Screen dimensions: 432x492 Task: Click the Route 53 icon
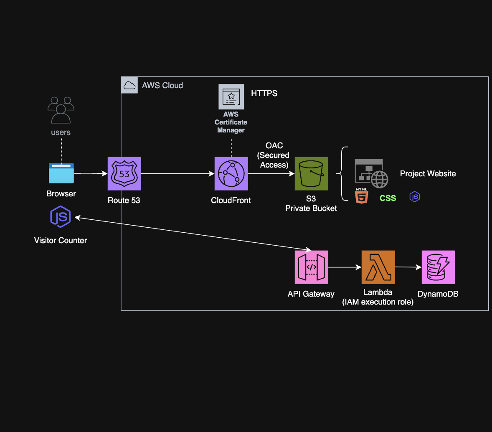coord(124,173)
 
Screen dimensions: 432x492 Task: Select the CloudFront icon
coord(231,173)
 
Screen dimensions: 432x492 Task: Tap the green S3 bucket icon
coord(311,173)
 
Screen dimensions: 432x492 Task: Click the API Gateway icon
coord(311,267)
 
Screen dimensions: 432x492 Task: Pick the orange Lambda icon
coord(378,267)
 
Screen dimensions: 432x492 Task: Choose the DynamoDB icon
coord(438,267)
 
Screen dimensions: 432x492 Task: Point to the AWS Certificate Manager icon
coord(231,97)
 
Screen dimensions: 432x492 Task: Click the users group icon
coord(61,110)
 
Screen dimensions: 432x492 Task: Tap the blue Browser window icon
coord(61,173)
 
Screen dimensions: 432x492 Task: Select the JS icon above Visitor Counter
coord(61,216)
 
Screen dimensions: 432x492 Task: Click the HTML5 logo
coord(361,196)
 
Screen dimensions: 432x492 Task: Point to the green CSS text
coord(388,198)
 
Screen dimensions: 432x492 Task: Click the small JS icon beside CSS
coord(414,197)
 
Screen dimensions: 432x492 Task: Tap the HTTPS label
coord(264,93)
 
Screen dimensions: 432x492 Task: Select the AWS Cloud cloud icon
coord(129,85)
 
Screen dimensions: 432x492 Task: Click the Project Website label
coord(428,173)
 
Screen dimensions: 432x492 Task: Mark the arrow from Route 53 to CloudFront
coord(178,173)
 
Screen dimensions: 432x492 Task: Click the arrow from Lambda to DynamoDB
coord(408,267)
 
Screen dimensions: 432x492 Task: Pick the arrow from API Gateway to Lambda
coord(345,267)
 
